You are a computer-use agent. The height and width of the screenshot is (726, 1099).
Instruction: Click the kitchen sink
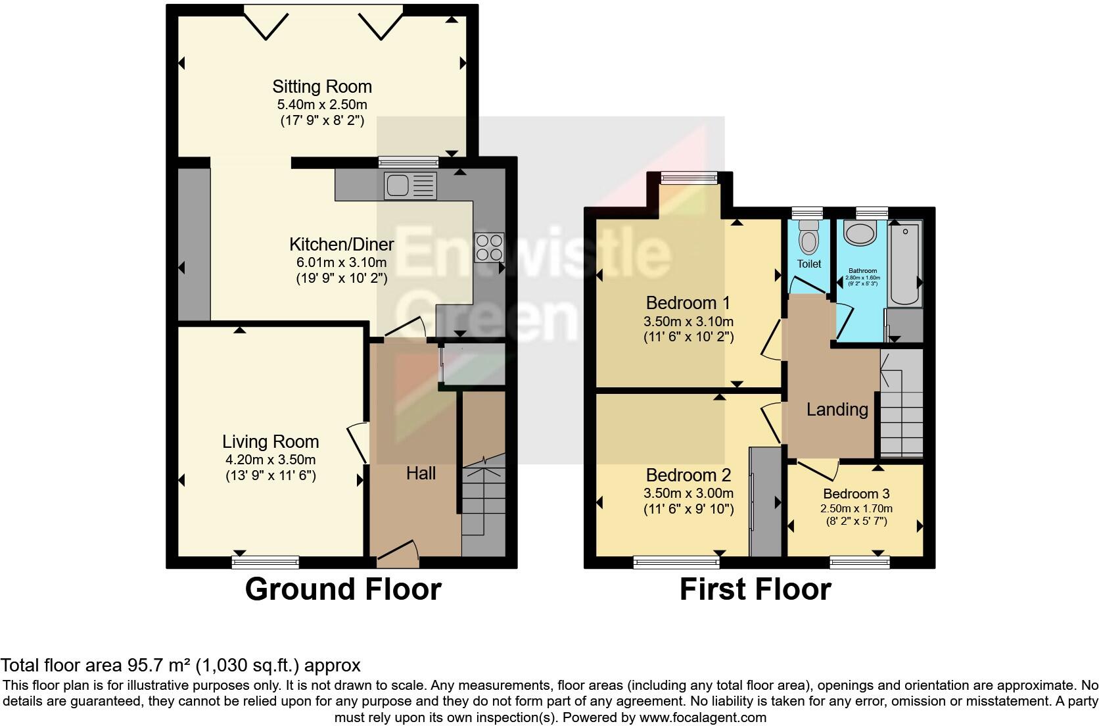409,185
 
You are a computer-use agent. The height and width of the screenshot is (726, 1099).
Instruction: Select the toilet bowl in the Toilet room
808,238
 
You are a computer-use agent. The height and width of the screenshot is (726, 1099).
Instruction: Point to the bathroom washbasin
860,233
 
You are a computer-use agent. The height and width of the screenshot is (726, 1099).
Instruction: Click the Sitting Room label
322,87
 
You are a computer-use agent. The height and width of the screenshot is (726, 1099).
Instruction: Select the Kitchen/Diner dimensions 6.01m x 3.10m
341,262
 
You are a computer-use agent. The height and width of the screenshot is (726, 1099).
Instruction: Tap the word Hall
421,473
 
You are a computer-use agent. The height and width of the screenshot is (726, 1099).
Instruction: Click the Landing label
837,410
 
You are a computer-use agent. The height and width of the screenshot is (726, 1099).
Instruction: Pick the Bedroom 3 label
856,494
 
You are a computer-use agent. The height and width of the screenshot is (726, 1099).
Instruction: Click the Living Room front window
266,562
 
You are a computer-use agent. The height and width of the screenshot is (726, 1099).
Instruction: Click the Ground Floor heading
342,589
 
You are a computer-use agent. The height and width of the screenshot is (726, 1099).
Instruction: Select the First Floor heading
755,589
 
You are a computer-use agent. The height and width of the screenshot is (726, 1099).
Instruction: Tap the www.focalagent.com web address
702,717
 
